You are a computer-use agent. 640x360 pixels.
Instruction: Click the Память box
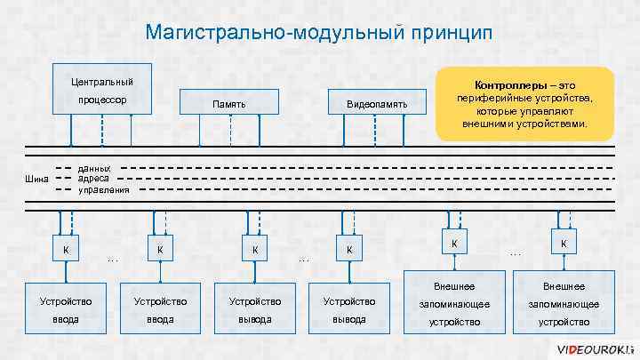click(x=229, y=105)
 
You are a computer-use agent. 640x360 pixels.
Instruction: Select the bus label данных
click(x=95, y=167)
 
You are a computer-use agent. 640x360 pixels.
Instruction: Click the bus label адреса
click(x=93, y=178)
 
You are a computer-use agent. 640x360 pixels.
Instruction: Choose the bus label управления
click(x=104, y=189)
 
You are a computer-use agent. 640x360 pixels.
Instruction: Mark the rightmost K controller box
click(x=563, y=243)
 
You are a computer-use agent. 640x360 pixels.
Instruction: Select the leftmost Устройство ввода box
click(x=66, y=309)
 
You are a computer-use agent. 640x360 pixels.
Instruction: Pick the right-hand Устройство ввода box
click(x=160, y=309)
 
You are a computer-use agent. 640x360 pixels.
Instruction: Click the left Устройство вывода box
click(x=254, y=309)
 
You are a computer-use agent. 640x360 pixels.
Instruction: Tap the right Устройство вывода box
click(x=348, y=309)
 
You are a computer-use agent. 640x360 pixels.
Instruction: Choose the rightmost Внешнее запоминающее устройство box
click(x=563, y=303)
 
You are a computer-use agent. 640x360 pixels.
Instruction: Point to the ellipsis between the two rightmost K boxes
click(x=515, y=254)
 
